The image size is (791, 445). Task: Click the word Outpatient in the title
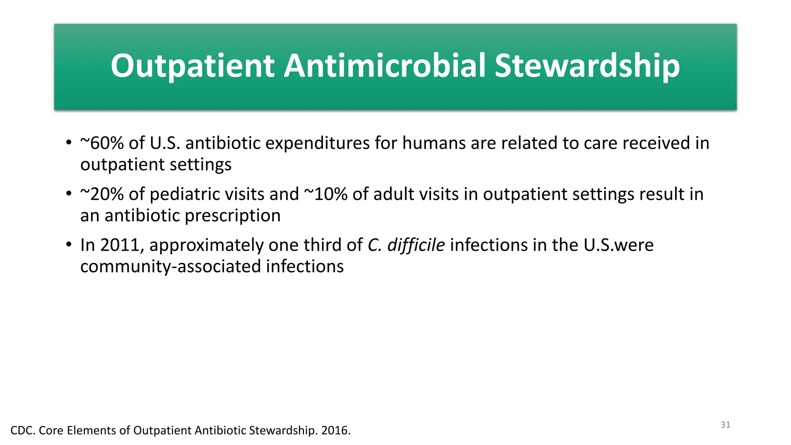pyautogui.click(x=192, y=66)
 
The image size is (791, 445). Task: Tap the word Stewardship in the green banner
pyautogui.click(x=587, y=66)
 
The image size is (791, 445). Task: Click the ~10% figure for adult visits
pyautogui.click(x=326, y=194)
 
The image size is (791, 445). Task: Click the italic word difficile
pyautogui.click(x=416, y=245)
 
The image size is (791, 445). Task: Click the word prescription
pyautogui.click(x=233, y=216)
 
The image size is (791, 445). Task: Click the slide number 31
pyautogui.click(x=725, y=425)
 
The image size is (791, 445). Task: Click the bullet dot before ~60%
pyautogui.click(x=69, y=143)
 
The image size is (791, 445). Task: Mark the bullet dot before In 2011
pyautogui.click(x=69, y=245)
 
